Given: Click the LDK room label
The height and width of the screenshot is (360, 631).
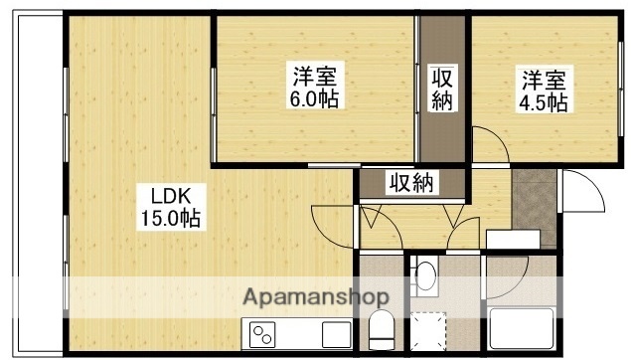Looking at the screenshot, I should pos(157,194).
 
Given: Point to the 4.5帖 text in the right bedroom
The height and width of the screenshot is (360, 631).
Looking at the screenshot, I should pos(543,102).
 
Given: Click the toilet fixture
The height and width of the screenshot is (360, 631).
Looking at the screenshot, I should pos(380,325).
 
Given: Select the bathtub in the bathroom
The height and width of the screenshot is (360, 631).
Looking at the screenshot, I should pos(521,326).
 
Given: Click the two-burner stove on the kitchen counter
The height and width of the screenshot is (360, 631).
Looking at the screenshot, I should pos(262,334).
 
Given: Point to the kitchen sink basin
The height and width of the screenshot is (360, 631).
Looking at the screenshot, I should pos(335,334).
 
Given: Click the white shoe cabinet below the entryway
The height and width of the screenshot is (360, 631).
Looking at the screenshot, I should pos(513,239).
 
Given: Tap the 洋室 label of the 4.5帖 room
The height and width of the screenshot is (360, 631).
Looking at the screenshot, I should pos(543,78).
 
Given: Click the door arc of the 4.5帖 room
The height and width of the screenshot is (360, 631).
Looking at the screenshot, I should pos(487,145).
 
